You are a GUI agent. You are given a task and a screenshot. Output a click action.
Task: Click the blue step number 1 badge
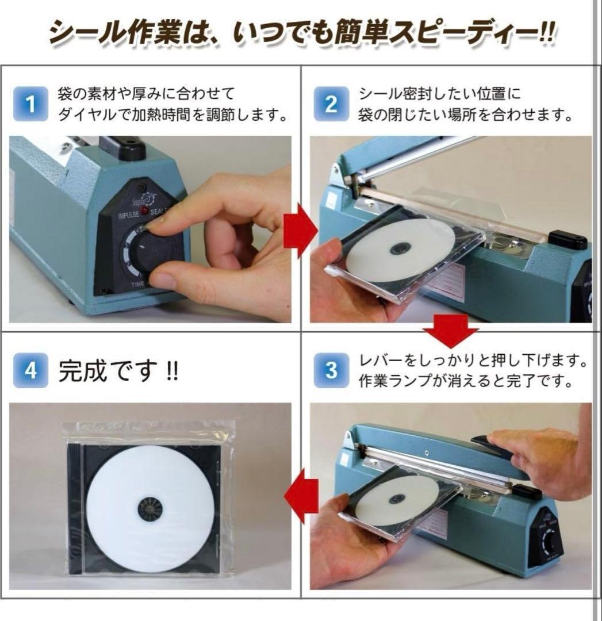coord(31,104)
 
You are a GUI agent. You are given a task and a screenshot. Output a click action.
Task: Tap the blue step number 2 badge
coord(331,104)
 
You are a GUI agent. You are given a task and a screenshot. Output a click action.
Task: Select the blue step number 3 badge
coord(331,371)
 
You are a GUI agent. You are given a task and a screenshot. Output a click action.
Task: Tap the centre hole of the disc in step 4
coord(150,509)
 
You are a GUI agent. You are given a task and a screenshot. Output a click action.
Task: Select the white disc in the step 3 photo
coord(397,497)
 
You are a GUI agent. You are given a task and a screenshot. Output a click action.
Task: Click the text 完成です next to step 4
coord(107,372)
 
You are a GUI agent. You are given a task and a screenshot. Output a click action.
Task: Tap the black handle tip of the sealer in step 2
coord(568,239)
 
